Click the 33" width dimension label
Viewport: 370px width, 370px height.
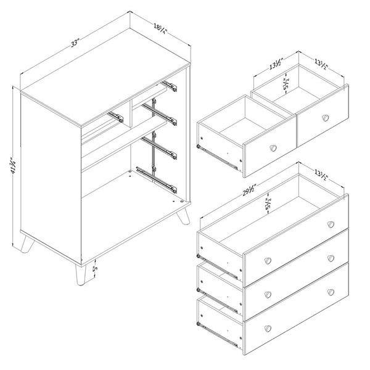pyautogui.click(x=75, y=43)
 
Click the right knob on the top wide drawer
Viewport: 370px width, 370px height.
pyautogui.click(x=331, y=223)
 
